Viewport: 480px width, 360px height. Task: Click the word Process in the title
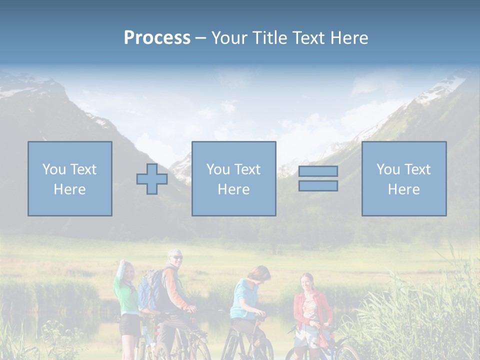coord(157,38)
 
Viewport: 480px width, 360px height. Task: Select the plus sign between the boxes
coord(152,179)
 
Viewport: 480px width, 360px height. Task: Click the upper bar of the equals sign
coord(318,171)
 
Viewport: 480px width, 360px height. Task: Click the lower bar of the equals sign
coord(318,185)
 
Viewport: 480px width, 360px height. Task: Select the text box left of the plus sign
coord(70,179)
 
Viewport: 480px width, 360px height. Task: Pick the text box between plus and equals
coord(233,179)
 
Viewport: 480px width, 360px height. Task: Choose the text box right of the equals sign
coord(403,179)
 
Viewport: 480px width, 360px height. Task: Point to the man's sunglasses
coord(177,257)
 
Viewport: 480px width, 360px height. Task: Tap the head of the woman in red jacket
coord(306,280)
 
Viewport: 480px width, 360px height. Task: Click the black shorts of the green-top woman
coord(130,324)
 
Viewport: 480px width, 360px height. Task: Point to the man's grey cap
coord(173,252)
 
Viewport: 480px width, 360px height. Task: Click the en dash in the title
coord(200,38)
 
